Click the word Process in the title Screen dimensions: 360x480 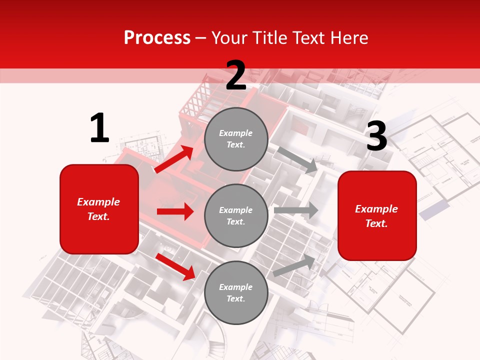pos(157,37)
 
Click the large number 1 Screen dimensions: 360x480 pos(99,128)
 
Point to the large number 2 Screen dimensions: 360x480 pos(236,75)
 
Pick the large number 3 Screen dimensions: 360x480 pos(376,137)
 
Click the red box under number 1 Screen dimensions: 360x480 pos(99,209)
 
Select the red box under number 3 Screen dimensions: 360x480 pos(377,216)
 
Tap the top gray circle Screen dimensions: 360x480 pos(236,139)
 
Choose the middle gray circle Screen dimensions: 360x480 pos(236,216)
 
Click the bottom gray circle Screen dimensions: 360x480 pos(236,292)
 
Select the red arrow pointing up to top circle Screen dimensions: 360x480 pos(174,159)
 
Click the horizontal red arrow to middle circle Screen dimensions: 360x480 pos(175,211)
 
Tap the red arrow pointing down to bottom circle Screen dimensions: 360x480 pos(175,266)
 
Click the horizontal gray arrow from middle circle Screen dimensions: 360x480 pos(296,210)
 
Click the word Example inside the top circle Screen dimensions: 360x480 pos(236,133)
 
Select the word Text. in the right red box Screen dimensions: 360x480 pos(376,223)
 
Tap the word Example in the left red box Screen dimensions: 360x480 pos(98,202)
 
